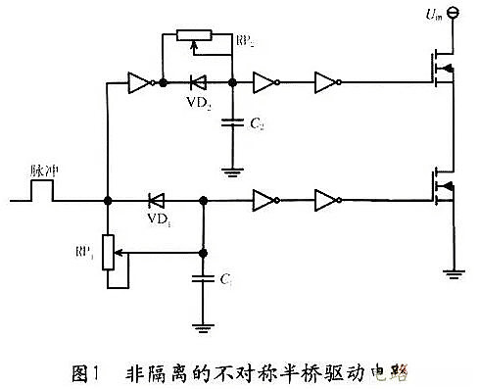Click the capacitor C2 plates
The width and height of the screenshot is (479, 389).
[231, 123]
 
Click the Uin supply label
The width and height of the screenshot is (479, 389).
[427, 15]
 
